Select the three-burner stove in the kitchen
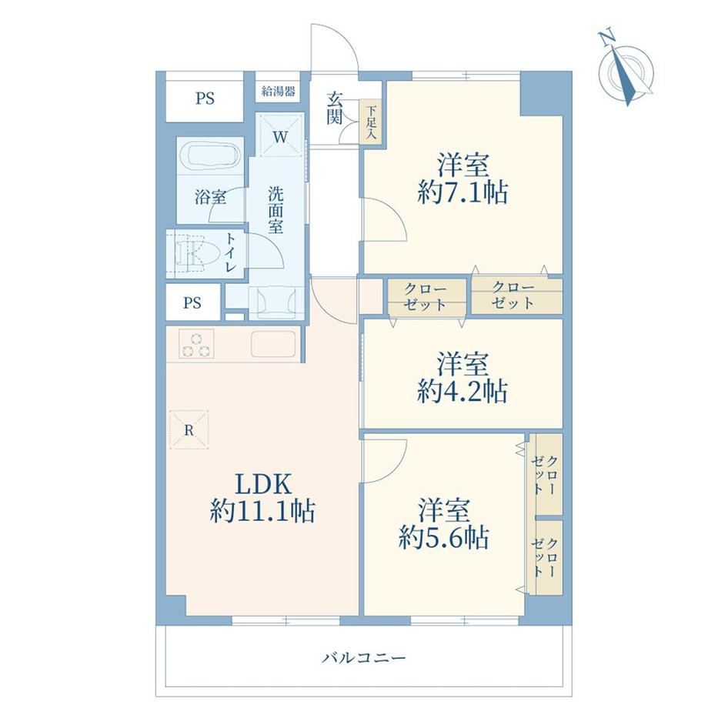(196, 344)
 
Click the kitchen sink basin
(273, 344)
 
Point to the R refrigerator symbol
(189, 430)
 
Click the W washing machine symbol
(280, 136)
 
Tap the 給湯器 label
(278, 92)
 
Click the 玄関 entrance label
(335, 109)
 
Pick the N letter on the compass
(606, 37)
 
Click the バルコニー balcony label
(363, 658)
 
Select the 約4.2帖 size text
(463, 391)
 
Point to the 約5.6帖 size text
(443, 537)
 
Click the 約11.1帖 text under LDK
(262, 511)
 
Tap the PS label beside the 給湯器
(205, 99)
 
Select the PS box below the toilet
(193, 302)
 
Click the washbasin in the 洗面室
(276, 301)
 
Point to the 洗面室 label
(276, 210)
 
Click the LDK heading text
(262, 484)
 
